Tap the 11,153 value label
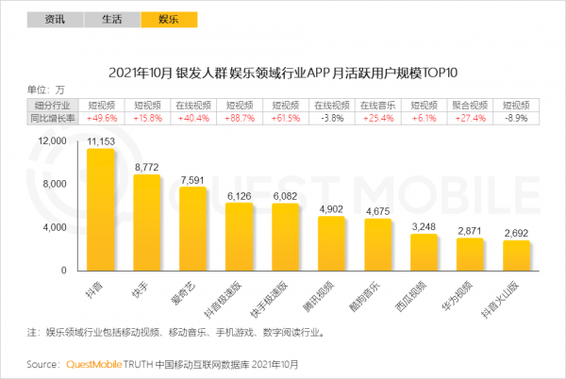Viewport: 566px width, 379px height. pos(100,140)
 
